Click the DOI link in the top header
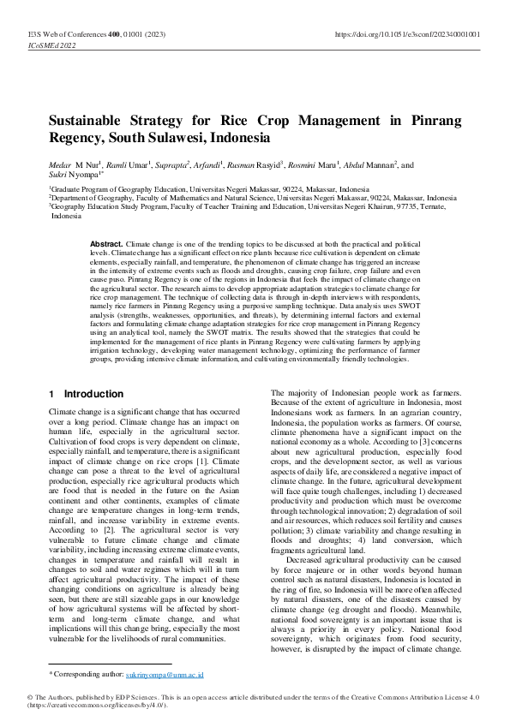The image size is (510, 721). pyautogui.click(x=406, y=34)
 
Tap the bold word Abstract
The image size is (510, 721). pyautogui.click(x=106, y=244)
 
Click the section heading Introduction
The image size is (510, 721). pyautogui.click(x=93, y=394)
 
